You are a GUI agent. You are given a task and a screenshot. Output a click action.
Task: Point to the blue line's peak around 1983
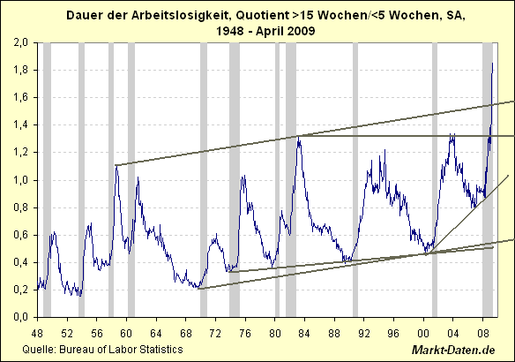(x=299, y=135)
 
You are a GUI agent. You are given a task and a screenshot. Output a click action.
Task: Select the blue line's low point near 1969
(x=199, y=288)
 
